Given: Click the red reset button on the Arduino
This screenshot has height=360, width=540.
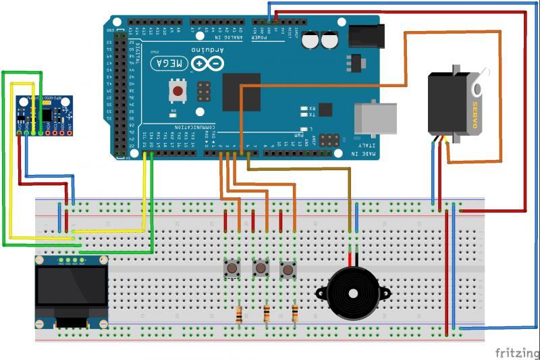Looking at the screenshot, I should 178,91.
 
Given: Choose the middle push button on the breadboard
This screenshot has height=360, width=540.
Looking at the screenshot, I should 261,269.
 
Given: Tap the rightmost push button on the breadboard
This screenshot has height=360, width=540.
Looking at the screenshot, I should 289,269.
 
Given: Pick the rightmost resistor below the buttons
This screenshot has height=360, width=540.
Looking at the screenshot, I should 294,313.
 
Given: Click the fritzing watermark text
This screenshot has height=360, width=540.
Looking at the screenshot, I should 516,353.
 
